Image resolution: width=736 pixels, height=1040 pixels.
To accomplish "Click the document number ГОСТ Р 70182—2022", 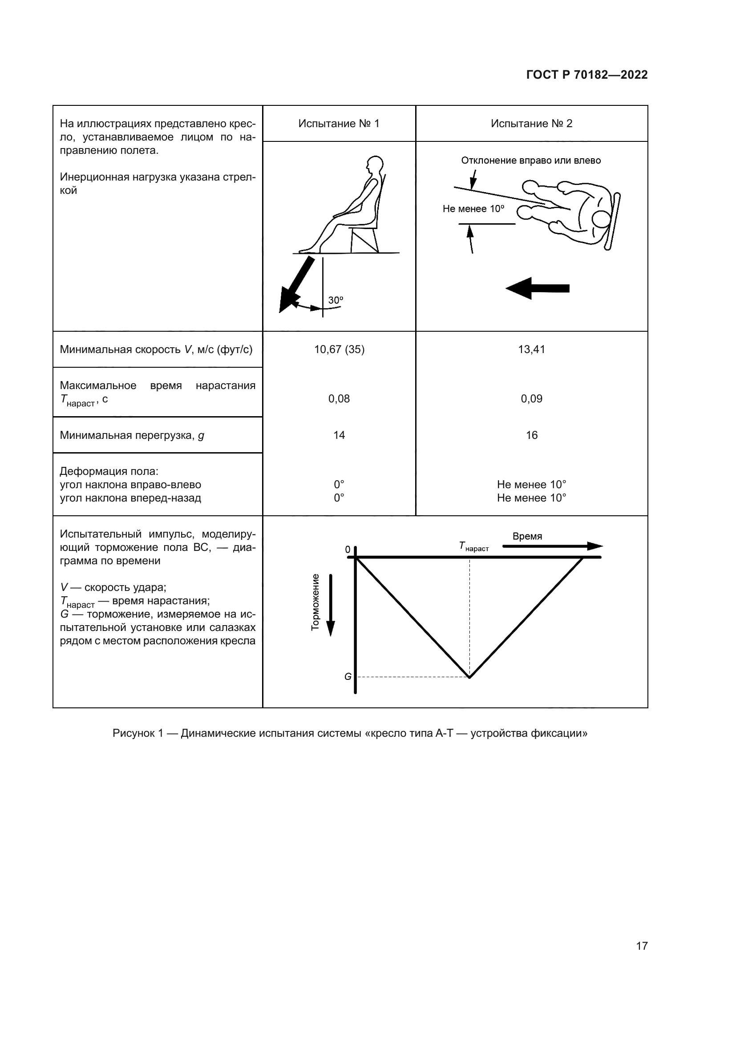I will point(586,75).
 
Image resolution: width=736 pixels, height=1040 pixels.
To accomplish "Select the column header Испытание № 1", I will point(339,124).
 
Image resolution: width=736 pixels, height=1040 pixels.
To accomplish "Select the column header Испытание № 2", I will point(531,124).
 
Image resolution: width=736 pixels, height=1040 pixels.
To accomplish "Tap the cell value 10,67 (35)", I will point(339,349).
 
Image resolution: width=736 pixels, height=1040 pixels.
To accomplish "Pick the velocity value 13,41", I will point(531,349).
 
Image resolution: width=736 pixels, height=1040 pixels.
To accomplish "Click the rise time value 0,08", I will point(339,398).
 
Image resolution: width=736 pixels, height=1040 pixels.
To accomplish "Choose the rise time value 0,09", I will point(531,398).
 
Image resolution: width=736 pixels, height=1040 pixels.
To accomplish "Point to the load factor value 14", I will point(339,435).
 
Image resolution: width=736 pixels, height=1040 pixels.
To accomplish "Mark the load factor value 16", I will point(531,435).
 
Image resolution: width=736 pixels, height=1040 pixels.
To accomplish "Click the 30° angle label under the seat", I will point(336,300).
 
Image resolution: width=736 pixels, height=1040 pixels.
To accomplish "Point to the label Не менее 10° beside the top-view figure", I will point(473,209).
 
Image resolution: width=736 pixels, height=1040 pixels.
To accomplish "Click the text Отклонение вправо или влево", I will point(531,161).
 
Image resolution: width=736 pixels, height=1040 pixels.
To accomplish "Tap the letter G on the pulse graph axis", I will point(348,677).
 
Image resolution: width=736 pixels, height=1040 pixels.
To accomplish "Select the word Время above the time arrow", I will point(527,536).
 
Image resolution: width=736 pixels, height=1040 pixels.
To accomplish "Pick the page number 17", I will point(642,946).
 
